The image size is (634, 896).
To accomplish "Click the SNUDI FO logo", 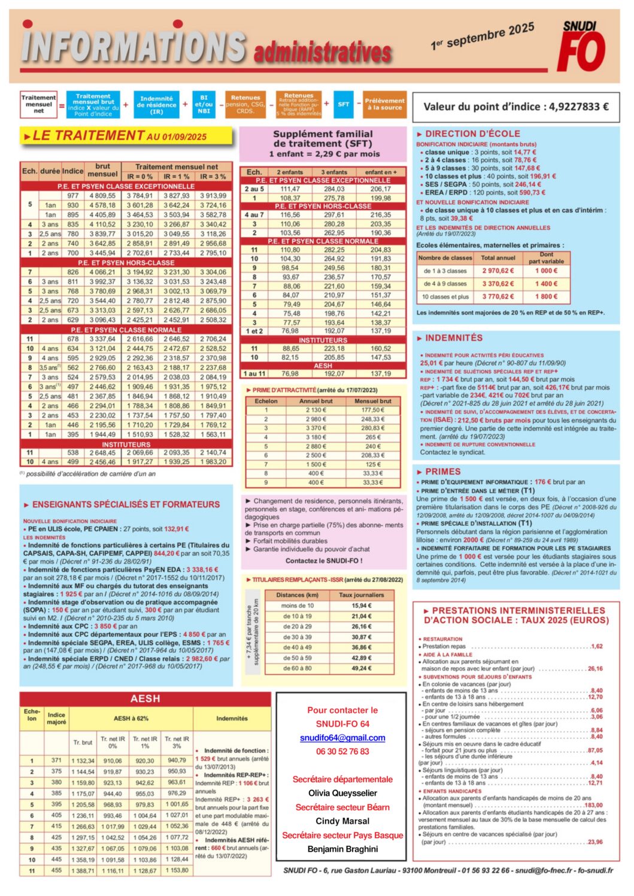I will [581, 46].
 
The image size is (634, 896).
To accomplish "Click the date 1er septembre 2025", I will [482, 37].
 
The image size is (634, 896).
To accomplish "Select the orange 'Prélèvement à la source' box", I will [384, 104].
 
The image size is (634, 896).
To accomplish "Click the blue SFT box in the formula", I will [344, 104].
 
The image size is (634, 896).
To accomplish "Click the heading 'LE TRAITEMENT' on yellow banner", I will [88, 136].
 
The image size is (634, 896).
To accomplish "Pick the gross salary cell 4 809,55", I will [103, 196].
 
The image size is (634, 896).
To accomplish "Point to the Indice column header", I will [73, 171].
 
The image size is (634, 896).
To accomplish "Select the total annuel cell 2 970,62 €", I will [498, 271].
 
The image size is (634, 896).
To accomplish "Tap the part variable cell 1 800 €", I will [546, 296].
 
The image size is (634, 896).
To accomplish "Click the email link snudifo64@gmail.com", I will [342, 738].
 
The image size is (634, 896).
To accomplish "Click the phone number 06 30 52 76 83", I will [342, 752].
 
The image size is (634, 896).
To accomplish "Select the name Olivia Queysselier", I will [342, 793].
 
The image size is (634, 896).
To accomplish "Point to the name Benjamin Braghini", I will [342, 849].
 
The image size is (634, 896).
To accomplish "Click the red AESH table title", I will [145, 698].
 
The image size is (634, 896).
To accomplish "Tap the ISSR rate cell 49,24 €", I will [362, 668].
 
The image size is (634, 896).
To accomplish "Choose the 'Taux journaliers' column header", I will [362, 595].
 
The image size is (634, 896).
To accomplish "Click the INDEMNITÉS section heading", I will [454, 338].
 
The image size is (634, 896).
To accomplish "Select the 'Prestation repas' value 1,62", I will [596, 646].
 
